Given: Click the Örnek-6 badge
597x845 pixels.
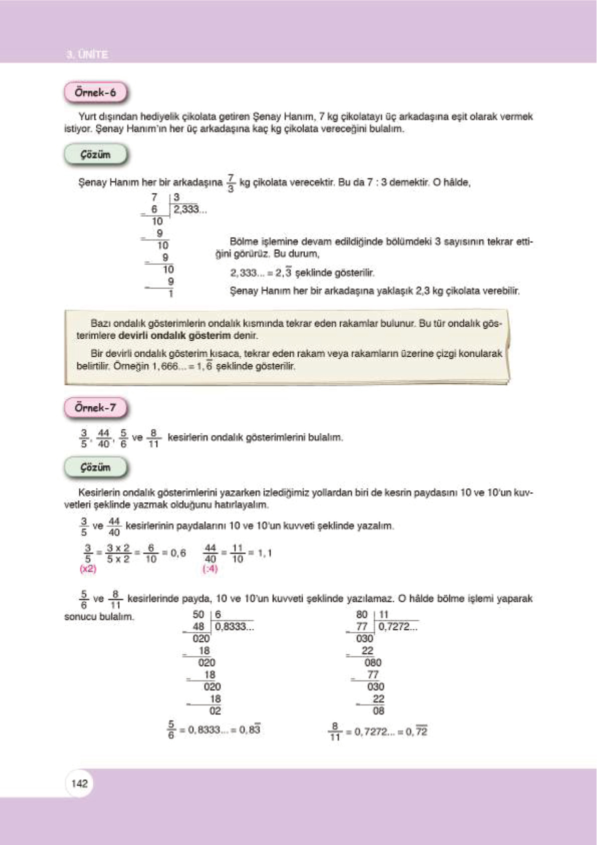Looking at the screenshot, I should coord(95,93).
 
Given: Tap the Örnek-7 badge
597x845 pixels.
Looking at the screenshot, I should coord(95,408).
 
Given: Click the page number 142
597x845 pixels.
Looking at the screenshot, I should coord(79,783).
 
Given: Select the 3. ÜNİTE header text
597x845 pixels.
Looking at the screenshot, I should coord(87,54).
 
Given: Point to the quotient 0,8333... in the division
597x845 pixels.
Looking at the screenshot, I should coord(234,627).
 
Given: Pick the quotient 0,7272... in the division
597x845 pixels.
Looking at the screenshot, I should coord(397,627).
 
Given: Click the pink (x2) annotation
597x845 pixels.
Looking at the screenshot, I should coord(88,569).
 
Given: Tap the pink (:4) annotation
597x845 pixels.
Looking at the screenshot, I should coord(210,569).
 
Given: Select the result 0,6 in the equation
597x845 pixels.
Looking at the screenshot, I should coord(178,553).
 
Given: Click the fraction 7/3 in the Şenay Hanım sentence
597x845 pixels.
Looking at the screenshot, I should coord(231,183).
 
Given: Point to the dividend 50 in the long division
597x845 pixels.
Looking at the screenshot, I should coord(198,615).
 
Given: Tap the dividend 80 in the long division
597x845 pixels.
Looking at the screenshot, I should coord(362,615).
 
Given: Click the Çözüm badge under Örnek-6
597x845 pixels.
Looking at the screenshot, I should coord(95,155).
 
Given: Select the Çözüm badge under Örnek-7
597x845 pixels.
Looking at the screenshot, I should coord(95,468).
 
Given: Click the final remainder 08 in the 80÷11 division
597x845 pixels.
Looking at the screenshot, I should coord(378,711).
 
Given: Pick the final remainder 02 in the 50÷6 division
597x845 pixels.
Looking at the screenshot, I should coord(215,711).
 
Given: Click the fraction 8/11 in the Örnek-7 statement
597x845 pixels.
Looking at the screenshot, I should coord(153,438).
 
